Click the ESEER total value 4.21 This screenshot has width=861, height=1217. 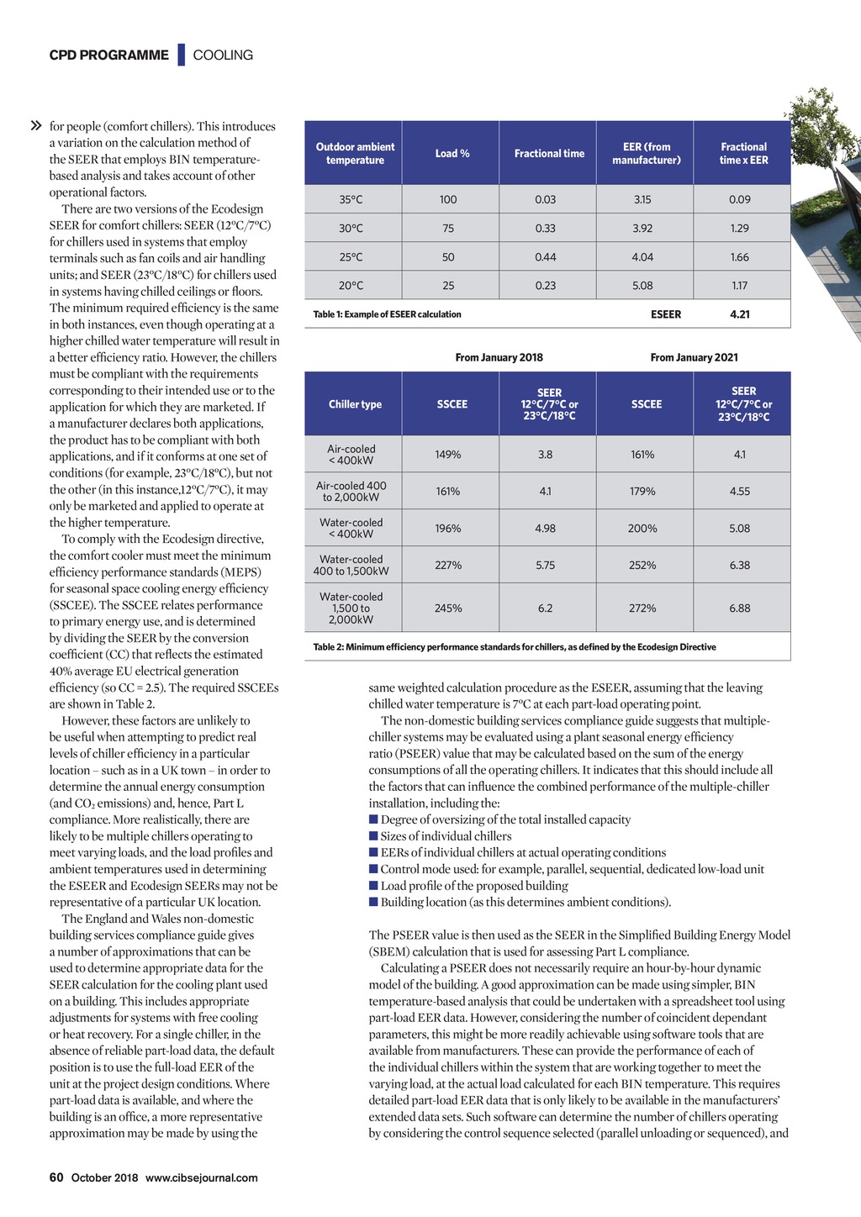(x=739, y=314)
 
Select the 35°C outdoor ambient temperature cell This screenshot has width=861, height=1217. (x=351, y=199)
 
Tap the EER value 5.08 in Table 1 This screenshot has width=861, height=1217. (x=642, y=286)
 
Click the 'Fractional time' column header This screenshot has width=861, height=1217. (x=549, y=153)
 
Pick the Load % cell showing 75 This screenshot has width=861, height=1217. (x=448, y=228)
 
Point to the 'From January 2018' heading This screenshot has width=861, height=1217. (x=499, y=357)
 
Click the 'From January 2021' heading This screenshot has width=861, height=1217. (x=694, y=357)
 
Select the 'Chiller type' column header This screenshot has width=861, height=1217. (x=355, y=404)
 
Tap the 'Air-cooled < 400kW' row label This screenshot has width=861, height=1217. (x=351, y=455)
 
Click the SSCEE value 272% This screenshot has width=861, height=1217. (x=642, y=608)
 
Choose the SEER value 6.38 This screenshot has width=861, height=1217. (x=739, y=565)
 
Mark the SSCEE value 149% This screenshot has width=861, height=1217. (x=448, y=455)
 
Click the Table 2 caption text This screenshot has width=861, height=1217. (x=515, y=647)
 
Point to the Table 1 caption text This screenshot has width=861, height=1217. (x=387, y=314)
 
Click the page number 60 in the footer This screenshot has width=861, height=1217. (x=56, y=1177)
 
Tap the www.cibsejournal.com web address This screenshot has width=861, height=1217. (x=202, y=1177)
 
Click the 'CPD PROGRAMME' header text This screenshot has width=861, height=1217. (x=108, y=55)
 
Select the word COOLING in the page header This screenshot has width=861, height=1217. (x=223, y=55)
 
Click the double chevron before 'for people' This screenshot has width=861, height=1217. (x=36, y=126)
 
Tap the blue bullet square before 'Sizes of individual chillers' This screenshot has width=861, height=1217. (x=373, y=836)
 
